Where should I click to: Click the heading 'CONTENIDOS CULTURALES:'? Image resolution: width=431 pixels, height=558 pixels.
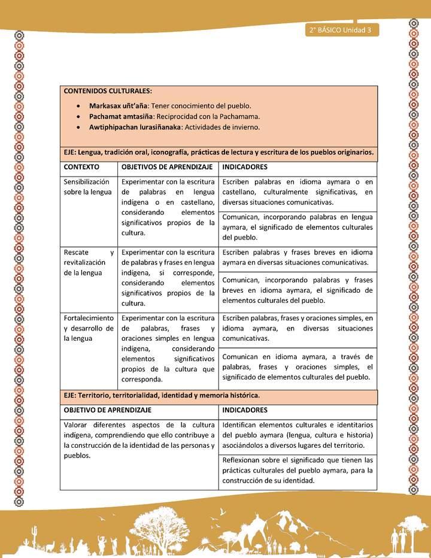tap(108, 91)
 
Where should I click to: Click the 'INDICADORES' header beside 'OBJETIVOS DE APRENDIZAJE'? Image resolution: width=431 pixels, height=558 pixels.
tap(245, 166)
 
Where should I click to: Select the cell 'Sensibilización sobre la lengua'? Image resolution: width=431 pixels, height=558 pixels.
tap(87, 187)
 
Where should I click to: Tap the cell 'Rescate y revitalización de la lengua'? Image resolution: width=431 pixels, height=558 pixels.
tap(88, 262)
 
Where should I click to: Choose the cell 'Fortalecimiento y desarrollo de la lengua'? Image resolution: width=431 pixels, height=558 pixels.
tap(88, 328)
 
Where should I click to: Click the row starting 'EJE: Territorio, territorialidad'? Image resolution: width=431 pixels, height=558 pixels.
tap(162, 396)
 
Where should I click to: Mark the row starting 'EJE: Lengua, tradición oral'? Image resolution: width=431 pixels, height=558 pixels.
tap(218, 152)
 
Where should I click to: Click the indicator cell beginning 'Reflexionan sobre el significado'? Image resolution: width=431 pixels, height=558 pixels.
tap(297, 470)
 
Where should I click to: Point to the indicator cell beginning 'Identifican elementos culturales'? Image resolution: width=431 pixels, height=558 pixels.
tap(297, 435)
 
